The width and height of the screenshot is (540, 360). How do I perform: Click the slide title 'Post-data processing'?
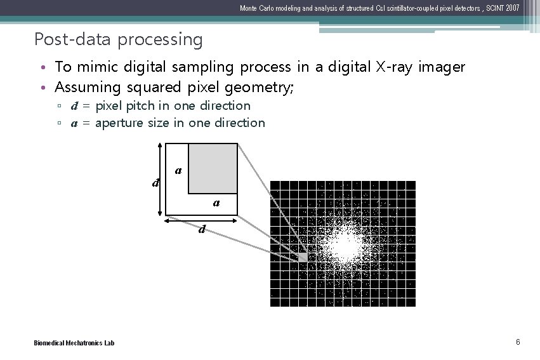119,39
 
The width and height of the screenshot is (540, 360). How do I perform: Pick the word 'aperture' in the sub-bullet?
119,123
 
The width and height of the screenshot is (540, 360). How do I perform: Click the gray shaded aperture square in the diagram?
213,168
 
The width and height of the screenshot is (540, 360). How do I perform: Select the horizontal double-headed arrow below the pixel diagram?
201,220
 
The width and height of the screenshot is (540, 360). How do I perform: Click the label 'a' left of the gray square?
178,170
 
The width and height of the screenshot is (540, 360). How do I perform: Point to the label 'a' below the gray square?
216,203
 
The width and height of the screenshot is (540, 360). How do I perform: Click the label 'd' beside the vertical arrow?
154,183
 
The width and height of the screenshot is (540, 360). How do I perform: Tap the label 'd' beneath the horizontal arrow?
202,229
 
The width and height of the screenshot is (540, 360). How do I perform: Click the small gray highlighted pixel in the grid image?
303,257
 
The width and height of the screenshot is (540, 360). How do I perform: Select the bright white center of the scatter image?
348,247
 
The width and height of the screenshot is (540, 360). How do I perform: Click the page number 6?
518,343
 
